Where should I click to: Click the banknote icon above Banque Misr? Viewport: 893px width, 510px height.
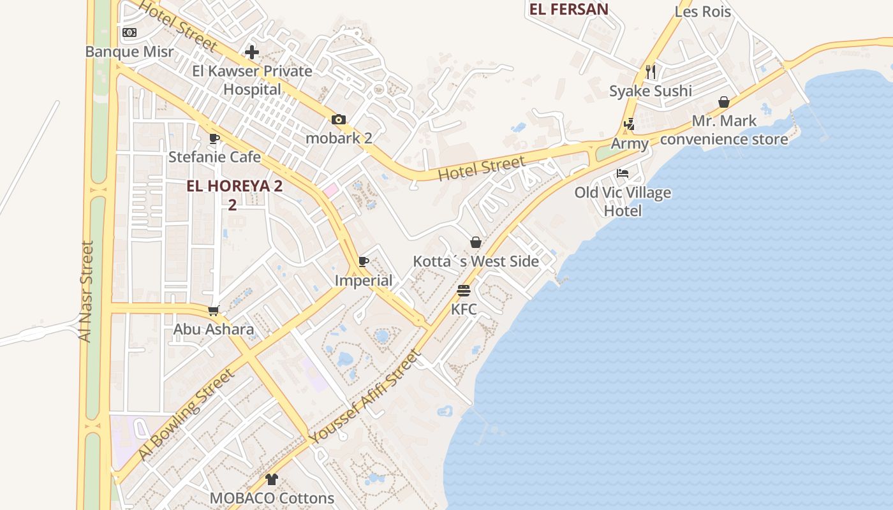(x=129, y=33)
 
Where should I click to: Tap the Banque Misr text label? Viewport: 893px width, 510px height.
(x=129, y=52)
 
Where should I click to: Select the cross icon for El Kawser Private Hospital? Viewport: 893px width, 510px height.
(x=252, y=52)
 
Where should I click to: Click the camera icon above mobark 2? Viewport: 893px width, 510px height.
(x=339, y=119)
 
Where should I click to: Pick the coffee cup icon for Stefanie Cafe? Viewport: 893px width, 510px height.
(x=214, y=138)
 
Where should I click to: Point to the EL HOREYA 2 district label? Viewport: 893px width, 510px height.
(x=234, y=186)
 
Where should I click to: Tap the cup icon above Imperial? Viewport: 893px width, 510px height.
(x=364, y=261)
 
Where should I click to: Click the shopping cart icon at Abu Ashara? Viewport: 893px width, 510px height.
(x=214, y=310)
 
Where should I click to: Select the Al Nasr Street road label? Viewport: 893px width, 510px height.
(x=86, y=291)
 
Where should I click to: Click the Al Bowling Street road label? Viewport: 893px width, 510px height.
(x=186, y=414)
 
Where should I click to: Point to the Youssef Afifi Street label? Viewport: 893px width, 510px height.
(x=365, y=397)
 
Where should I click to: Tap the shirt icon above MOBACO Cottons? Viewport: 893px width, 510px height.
(x=272, y=479)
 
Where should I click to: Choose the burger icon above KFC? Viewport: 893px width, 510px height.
(x=464, y=291)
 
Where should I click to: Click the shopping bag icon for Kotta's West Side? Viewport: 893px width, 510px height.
(x=476, y=242)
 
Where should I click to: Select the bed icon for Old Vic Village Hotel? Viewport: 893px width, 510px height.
(x=623, y=173)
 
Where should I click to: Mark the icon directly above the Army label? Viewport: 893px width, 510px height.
(x=630, y=124)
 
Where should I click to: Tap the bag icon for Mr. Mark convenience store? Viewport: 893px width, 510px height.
(x=724, y=102)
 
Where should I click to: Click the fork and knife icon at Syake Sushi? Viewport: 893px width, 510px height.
(x=651, y=72)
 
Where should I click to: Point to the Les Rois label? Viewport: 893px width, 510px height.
(x=703, y=11)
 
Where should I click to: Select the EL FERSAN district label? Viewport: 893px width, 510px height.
(x=568, y=9)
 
